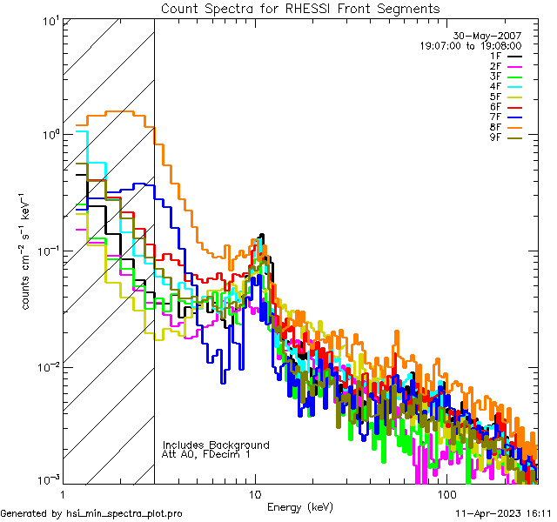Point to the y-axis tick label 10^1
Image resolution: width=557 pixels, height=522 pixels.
point(48,21)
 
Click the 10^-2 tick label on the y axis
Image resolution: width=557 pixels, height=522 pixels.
point(45,366)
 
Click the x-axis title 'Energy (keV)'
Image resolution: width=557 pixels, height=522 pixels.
point(299,507)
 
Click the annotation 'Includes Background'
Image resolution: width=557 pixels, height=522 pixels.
point(216,445)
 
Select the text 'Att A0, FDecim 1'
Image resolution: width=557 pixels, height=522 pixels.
point(206,454)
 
